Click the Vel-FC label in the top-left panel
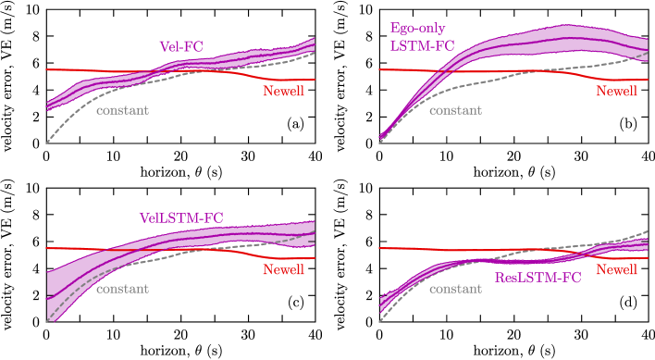[x=180, y=45]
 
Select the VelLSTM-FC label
[x=181, y=218]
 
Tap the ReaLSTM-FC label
[x=538, y=277]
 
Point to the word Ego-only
[x=417, y=28]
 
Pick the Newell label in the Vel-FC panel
[x=283, y=91]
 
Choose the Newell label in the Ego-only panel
[x=616, y=91]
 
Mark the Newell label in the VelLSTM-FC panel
[x=283, y=269]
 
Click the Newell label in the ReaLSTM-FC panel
[x=616, y=269]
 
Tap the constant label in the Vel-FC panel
[x=122, y=110]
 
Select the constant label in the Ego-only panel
[x=455, y=110]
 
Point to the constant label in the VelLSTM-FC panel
[x=122, y=289]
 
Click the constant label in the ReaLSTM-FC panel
[x=455, y=289]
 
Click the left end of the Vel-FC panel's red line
[x=47, y=69]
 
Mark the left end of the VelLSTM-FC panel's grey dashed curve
[x=47, y=321]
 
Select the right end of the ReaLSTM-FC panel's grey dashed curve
[x=648, y=230]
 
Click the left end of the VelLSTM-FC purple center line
[x=47, y=297]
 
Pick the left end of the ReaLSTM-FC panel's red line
[x=380, y=248]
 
